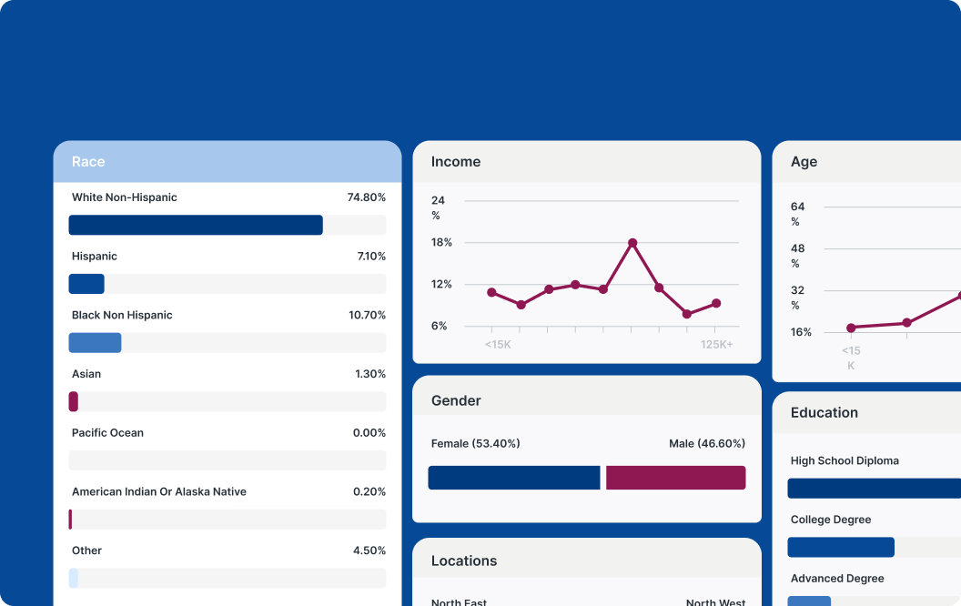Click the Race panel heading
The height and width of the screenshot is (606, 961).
[88, 162]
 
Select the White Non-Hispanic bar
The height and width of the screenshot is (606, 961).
[196, 225]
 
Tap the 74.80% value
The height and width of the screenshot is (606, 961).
[366, 197]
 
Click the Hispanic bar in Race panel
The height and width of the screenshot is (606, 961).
[86, 284]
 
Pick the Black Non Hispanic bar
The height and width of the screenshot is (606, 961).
[95, 343]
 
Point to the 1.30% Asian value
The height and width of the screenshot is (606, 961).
[369, 374]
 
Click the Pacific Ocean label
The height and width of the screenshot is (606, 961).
[107, 433]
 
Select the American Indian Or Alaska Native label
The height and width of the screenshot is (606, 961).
[158, 492]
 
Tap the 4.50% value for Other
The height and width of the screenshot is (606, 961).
[369, 550]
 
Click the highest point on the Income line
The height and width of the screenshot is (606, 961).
[632, 243]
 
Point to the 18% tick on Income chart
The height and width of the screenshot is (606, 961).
[441, 243]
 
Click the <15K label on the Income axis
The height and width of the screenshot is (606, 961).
[498, 345]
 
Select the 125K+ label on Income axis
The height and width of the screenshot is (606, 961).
[716, 345]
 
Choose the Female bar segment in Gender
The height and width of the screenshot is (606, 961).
[514, 478]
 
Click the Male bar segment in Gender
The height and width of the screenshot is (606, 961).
[675, 478]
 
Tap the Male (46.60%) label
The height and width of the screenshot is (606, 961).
[706, 444]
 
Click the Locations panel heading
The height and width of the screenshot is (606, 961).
[464, 561]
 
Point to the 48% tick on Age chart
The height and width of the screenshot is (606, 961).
[797, 255]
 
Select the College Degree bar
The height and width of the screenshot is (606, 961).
[840, 547]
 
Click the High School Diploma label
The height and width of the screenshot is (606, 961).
[845, 461]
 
